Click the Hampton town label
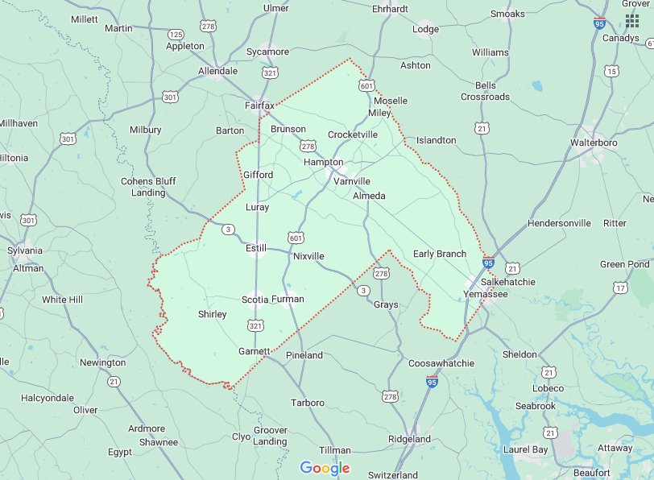(323, 162)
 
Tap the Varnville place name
(352, 181)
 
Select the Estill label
(256, 249)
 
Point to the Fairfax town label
(260, 106)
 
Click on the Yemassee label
(486, 295)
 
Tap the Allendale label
(217, 71)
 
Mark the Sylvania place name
(25, 250)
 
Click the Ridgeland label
(410, 439)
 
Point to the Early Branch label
(439, 254)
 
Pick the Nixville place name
(308, 256)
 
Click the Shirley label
(212, 314)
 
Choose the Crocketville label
(352, 134)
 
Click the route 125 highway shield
(176, 35)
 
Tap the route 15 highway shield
(612, 72)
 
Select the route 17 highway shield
(620, 288)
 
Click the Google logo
(325, 468)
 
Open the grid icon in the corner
(632, 21)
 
